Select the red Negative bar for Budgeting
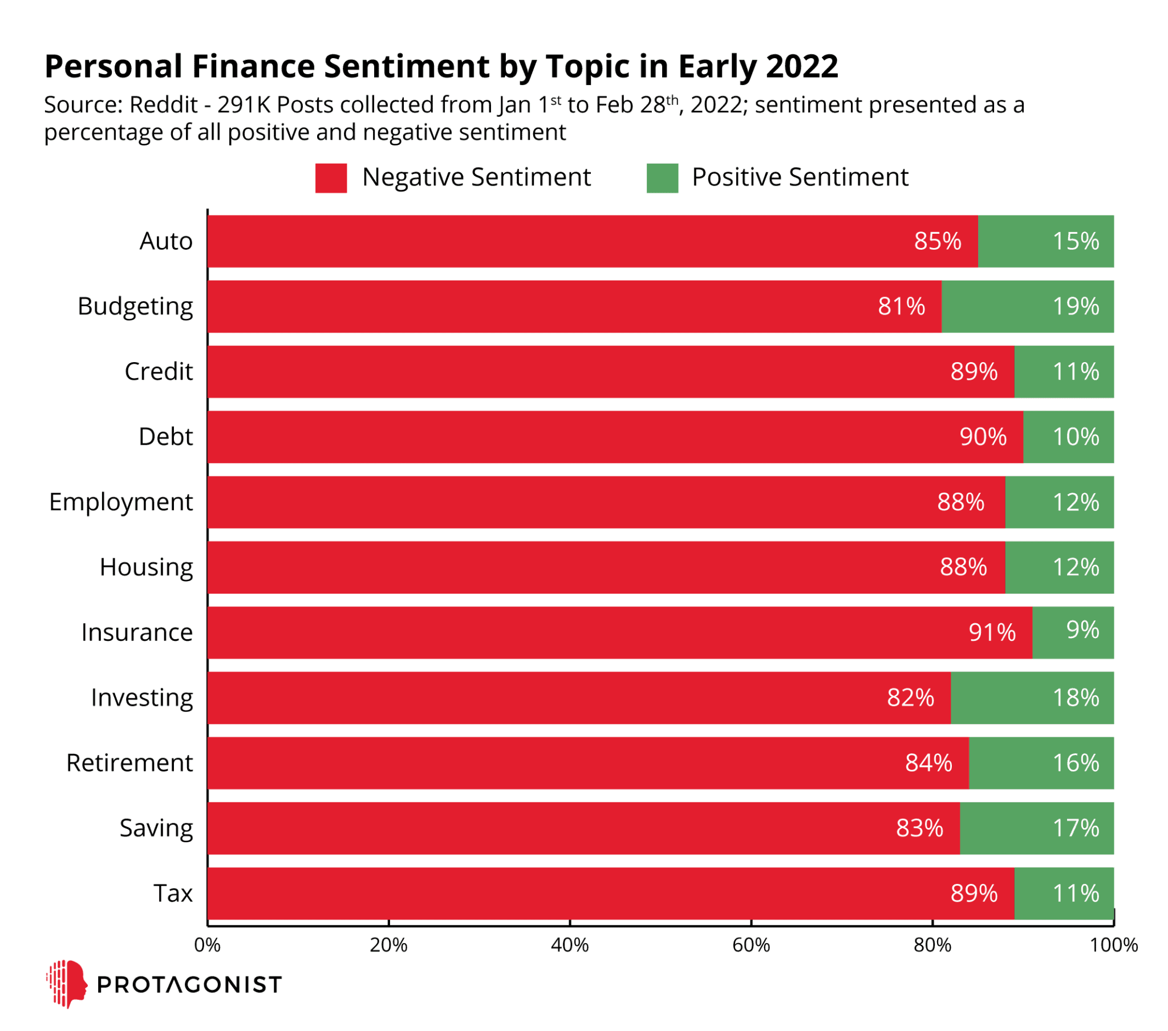(571, 306)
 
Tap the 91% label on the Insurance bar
(992, 632)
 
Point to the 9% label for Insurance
(1082, 630)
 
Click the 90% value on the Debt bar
(983, 437)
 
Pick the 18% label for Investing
(1076, 698)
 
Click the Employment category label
(121, 502)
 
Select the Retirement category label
(129, 763)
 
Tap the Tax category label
(173, 893)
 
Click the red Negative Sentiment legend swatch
(331, 178)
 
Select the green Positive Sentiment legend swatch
(662, 178)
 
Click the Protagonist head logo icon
(67, 984)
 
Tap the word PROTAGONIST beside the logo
(189, 985)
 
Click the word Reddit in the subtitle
(164, 105)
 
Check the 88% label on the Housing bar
(963, 567)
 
